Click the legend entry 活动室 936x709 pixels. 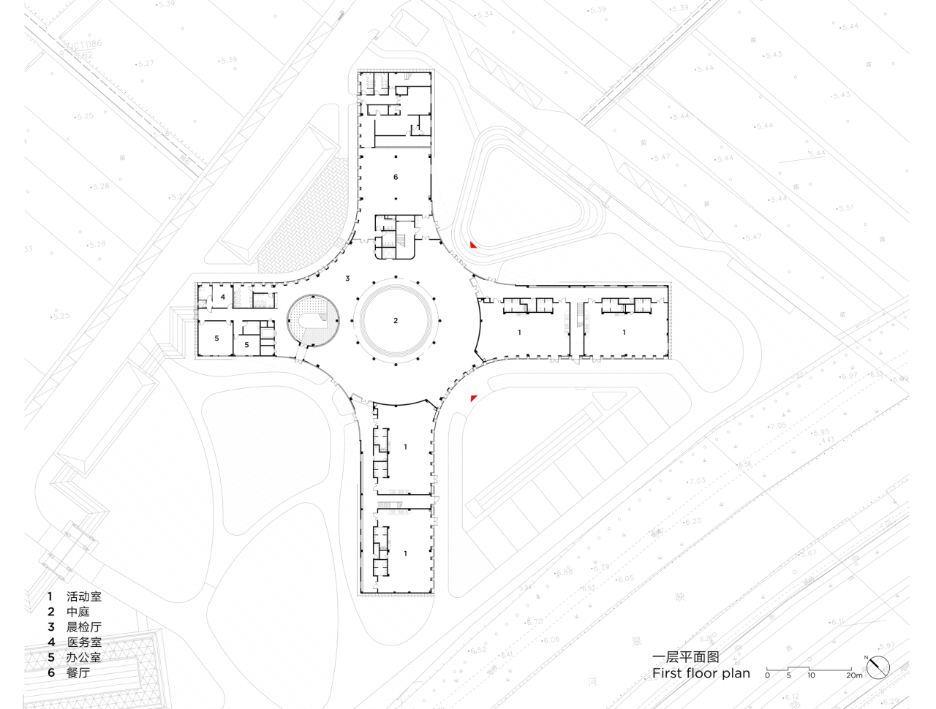click(x=83, y=597)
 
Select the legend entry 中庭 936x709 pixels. click(x=78, y=612)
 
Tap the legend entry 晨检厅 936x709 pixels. click(x=83, y=627)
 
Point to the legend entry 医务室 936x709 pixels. click(x=83, y=642)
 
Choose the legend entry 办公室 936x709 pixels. click(x=83, y=657)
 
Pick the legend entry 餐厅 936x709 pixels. click(x=78, y=672)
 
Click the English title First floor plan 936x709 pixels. click(x=701, y=673)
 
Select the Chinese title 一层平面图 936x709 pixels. click(x=685, y=657)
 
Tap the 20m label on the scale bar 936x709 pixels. click(x=854, y=675)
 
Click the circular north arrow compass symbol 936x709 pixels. click(x=878, y=667)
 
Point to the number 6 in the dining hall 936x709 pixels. click(x=396, y=178)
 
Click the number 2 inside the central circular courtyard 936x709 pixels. click(x=396, y=321)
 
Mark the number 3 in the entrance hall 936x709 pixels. click(x=347, y=278)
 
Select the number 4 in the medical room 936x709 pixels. click(x=222, y=297)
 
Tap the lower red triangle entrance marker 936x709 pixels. click(x=474, y=398)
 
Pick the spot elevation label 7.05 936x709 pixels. click(x=777, y=425)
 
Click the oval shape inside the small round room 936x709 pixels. click(x=312, y=322)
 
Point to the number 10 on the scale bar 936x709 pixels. click(x=811, y=675)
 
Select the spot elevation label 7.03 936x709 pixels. click(x=697, y=481)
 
